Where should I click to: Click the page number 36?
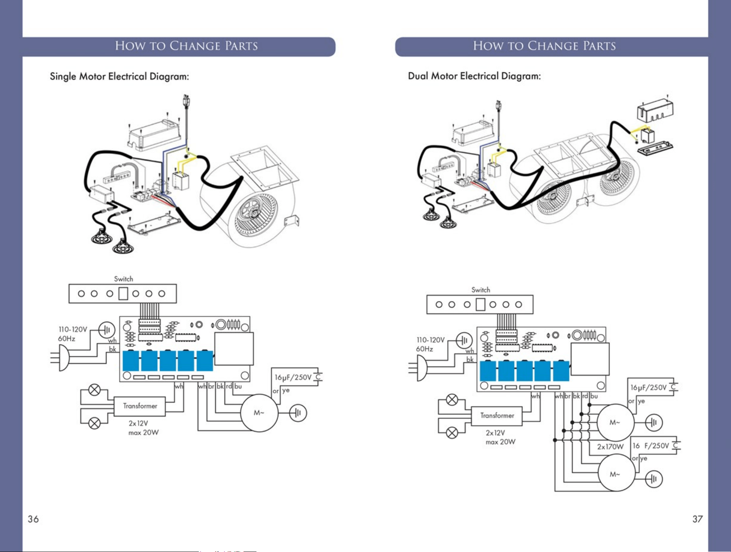[33, 519]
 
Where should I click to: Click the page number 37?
[697, 519]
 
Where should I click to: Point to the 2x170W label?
[610, 447]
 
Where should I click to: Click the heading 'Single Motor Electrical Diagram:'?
[119, 77]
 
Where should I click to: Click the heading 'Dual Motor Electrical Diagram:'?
[474, 76]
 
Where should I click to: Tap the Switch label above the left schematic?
[123, 279]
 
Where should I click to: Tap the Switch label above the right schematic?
[480, 290]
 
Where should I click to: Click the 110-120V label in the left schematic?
[73, 329]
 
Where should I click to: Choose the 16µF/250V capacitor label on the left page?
[293, 378]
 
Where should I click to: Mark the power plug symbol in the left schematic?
[60, 358]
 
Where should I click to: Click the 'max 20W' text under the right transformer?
[501, 442]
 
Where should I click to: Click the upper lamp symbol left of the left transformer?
[94, 390]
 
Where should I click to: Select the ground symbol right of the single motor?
[298, 413]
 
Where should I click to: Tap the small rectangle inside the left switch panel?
[123, 294]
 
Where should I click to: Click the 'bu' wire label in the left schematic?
[238, 387]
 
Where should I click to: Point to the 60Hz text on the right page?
[424, 349]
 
